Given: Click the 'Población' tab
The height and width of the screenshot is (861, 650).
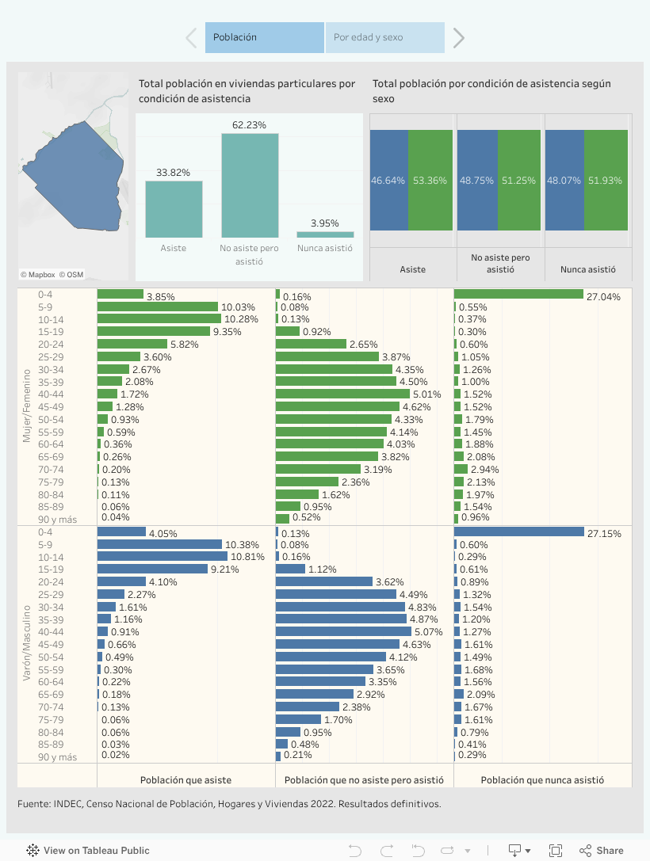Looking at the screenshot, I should coord(265,37).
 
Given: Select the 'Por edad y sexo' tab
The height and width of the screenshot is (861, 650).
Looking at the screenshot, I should coord(384,37).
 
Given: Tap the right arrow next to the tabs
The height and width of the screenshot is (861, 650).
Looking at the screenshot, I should coord(458,37).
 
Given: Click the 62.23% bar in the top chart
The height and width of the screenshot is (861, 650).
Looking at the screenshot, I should coord(250,185).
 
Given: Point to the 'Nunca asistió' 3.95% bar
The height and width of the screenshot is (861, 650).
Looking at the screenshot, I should coord(325,234).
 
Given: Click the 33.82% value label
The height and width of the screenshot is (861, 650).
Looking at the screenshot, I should coord(173,173).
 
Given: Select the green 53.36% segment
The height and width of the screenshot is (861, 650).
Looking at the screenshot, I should coord(430,181).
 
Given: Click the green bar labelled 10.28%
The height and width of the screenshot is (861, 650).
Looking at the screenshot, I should coord(159,318).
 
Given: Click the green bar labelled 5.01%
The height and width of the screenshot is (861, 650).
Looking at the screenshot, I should coord(342,394).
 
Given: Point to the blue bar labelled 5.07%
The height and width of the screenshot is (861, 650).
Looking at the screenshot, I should coord(343,631).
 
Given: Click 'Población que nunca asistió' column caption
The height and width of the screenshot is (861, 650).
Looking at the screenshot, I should coord(542,779).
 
